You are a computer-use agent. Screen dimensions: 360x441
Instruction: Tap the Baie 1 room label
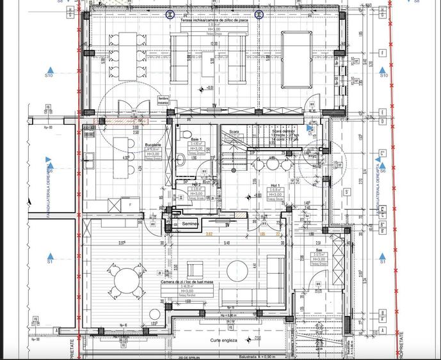(x=196, y=139)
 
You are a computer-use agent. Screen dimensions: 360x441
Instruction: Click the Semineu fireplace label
(x=190, y=224)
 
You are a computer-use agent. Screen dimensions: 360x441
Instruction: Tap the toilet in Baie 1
(x=180, y=157)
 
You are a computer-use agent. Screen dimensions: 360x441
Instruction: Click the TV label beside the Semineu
(x=227, y=224)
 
